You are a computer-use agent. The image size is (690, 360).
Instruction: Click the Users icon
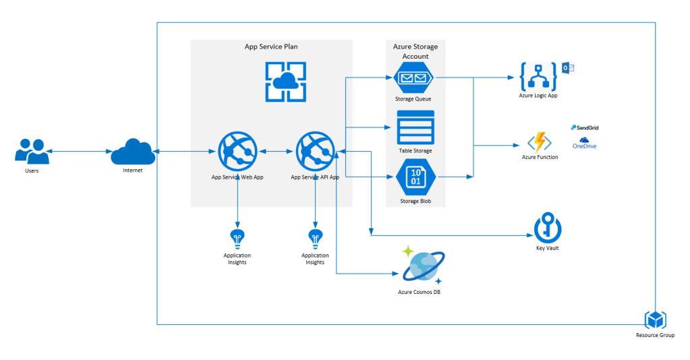(x=32, y=151)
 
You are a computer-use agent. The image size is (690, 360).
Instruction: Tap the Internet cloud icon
(x=133, y=151)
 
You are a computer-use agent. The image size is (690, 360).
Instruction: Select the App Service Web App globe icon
(x=237, y=152)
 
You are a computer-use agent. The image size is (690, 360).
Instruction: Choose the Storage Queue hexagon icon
(x=415, y=78)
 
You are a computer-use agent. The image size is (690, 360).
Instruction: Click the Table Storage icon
(x=415, y=127)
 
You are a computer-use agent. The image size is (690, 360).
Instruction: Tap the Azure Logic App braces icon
(x=538, y=77)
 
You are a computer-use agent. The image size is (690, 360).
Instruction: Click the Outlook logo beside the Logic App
(x=567, y=68)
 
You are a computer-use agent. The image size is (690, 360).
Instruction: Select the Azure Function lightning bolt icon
(x=540, y=142)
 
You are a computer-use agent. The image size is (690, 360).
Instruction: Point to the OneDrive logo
(x=584, y=143)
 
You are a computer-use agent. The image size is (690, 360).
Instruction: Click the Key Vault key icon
(x=547, y=229)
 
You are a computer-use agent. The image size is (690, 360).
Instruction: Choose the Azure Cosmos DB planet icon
(x=423, y=266)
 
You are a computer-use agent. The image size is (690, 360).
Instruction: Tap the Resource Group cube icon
(x=655, y=320)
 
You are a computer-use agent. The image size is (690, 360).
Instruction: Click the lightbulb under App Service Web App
(x=237, y=237)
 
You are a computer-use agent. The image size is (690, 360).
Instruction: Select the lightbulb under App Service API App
(x=315, y=237)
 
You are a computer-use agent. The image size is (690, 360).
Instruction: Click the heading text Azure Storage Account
(x=415, y=51)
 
